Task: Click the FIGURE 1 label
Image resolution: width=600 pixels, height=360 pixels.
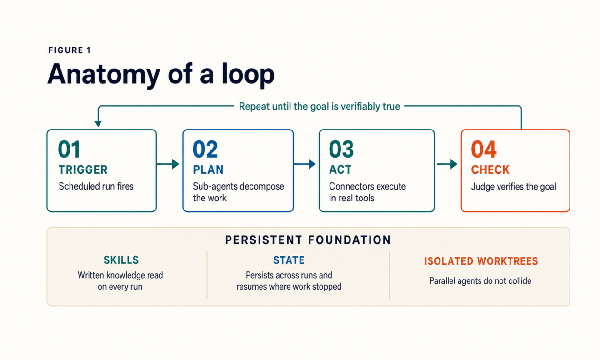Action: coord(70,50)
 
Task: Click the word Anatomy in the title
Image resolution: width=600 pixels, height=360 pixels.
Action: coord(104,75)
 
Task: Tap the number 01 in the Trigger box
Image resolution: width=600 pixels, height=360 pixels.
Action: coord(69,149)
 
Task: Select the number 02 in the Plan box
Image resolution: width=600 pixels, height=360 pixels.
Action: coord(205,149)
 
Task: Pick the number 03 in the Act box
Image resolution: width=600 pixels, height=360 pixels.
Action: coord(341,149)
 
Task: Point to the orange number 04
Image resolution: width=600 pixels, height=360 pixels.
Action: coord(484,149)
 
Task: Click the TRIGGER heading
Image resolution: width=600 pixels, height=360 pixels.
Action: coord(83,170)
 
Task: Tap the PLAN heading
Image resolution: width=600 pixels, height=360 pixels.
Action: coord(208,170)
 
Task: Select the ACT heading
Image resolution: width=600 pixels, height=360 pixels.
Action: coord(340,170)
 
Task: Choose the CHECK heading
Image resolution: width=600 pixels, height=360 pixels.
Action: coord(490,170)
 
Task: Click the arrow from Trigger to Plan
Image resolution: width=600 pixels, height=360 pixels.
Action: coord(168,164)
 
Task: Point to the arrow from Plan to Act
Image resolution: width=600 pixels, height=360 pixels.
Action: coord(305,164)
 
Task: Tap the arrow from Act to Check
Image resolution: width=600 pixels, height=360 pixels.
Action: coord(447,164)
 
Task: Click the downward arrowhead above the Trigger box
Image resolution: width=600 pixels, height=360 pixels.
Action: coord(98,124)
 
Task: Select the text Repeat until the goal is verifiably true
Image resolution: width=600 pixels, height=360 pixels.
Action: coord(319,106)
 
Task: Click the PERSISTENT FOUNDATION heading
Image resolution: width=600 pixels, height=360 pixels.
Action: coord(308,240)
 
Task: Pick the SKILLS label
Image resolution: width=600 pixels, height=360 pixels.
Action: coord(121,260)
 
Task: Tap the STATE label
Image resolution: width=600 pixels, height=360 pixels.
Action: coord(289,260)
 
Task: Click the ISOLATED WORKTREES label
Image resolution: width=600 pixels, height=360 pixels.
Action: coord(481,261)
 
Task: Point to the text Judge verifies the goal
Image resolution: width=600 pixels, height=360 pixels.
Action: coord(513,187)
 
